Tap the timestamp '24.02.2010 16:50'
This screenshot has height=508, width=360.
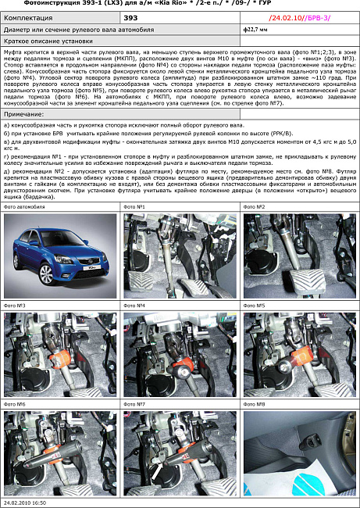coord(24,503)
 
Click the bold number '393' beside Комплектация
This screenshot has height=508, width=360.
coord(131,16)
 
